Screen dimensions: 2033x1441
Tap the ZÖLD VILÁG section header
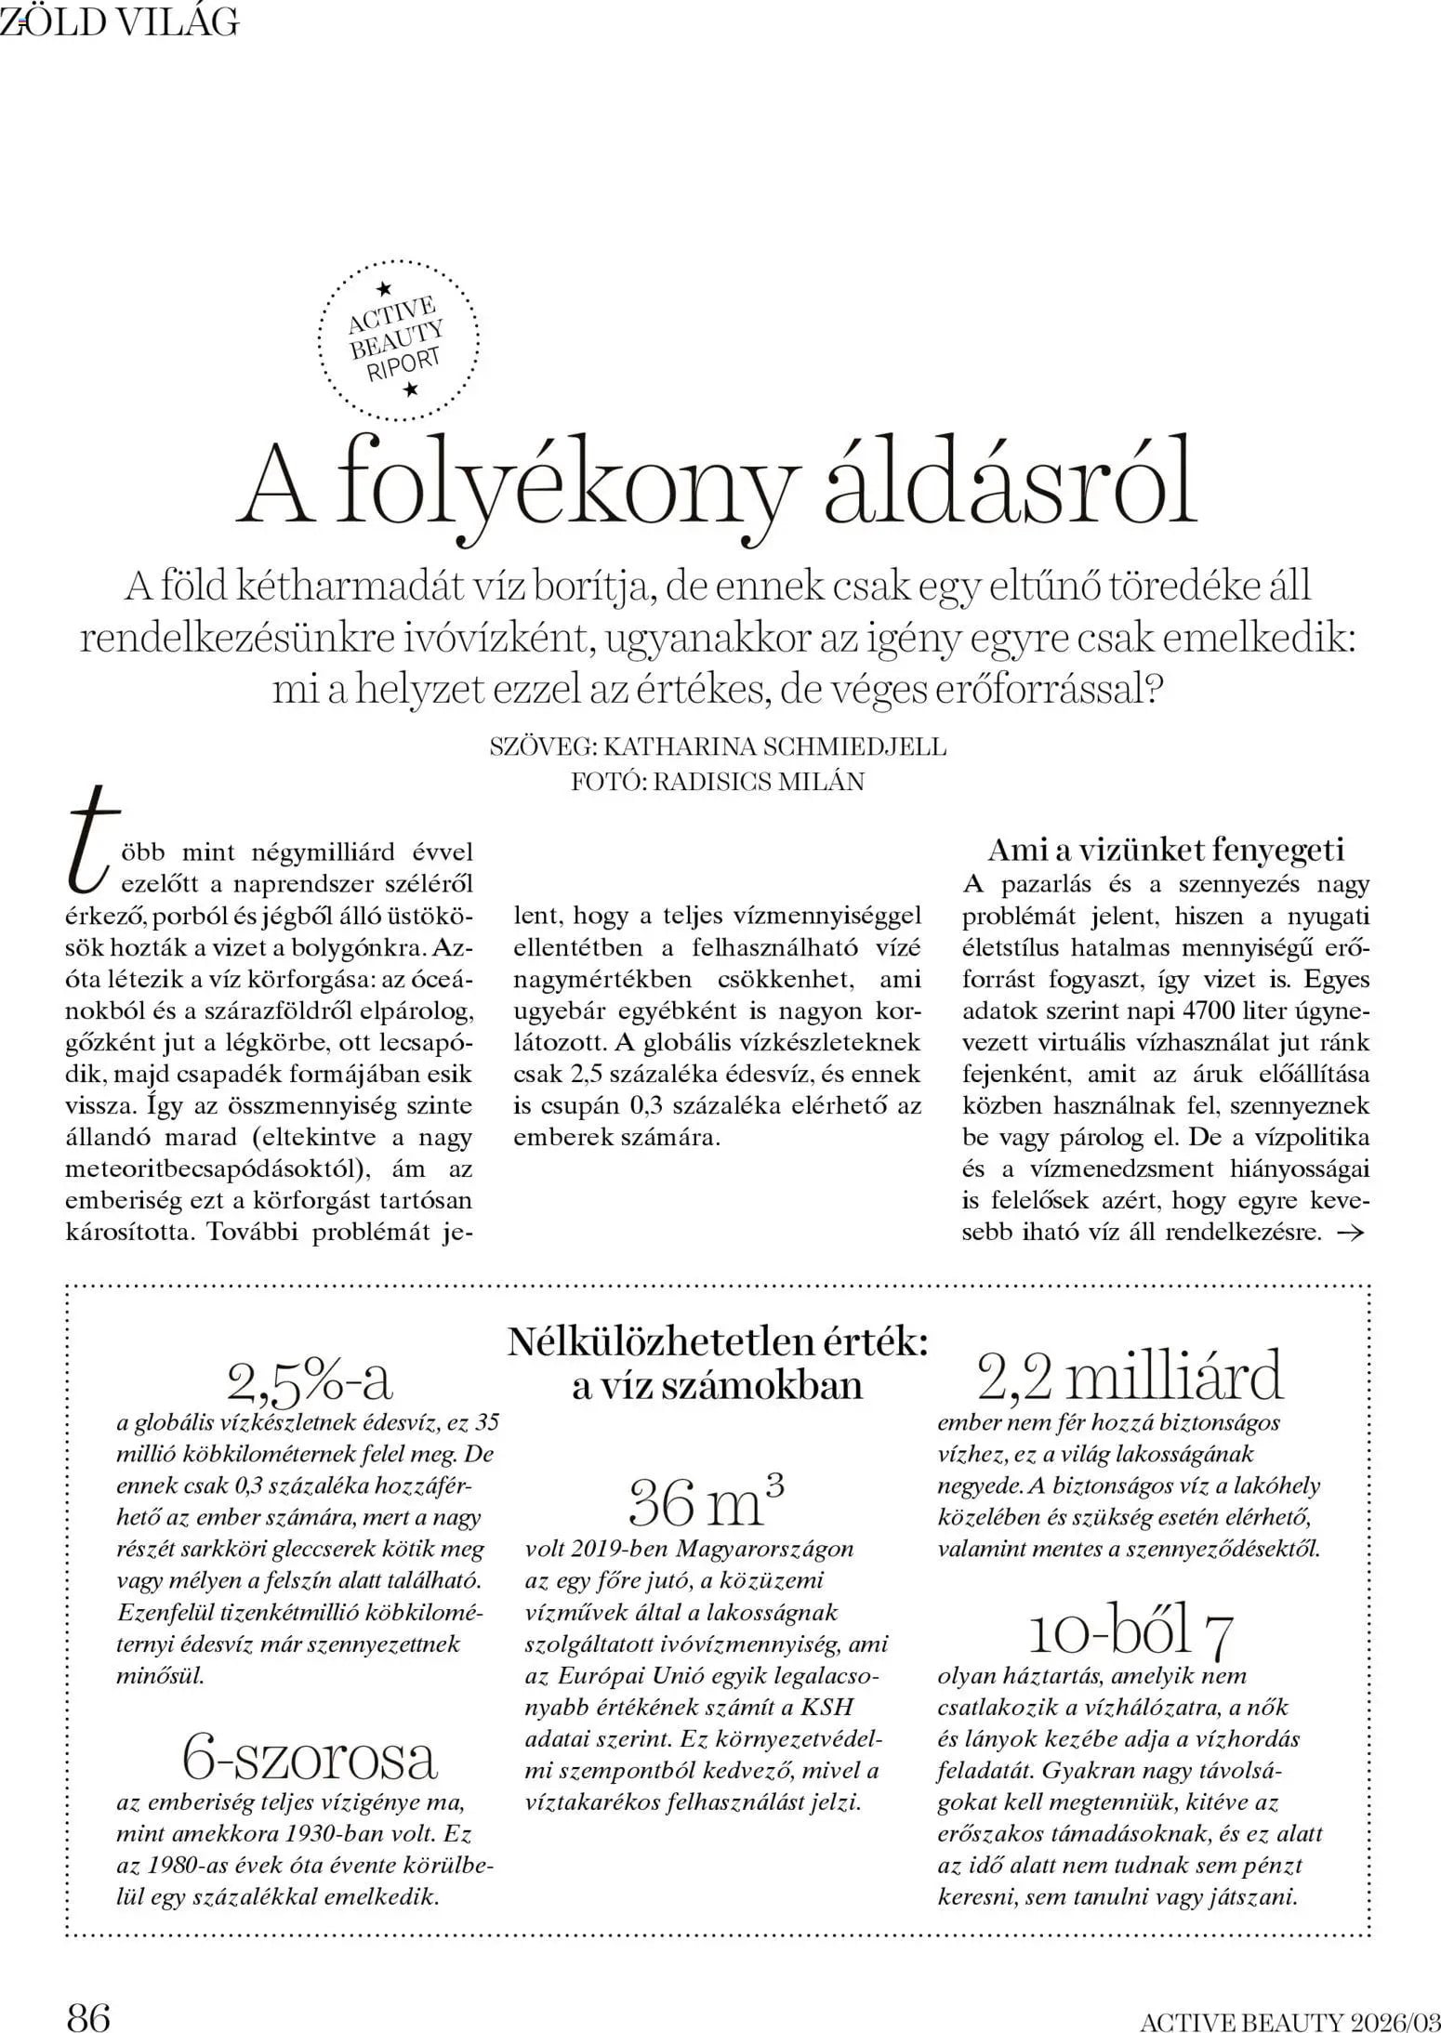coord(120,22)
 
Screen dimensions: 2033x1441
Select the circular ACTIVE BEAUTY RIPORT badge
coord(399,343)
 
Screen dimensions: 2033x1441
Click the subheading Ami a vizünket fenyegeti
coord(1166,850)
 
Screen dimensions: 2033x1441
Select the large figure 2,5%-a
coord(310,1381)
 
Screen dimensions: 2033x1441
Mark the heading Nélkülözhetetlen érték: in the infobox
coord(717,1343)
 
